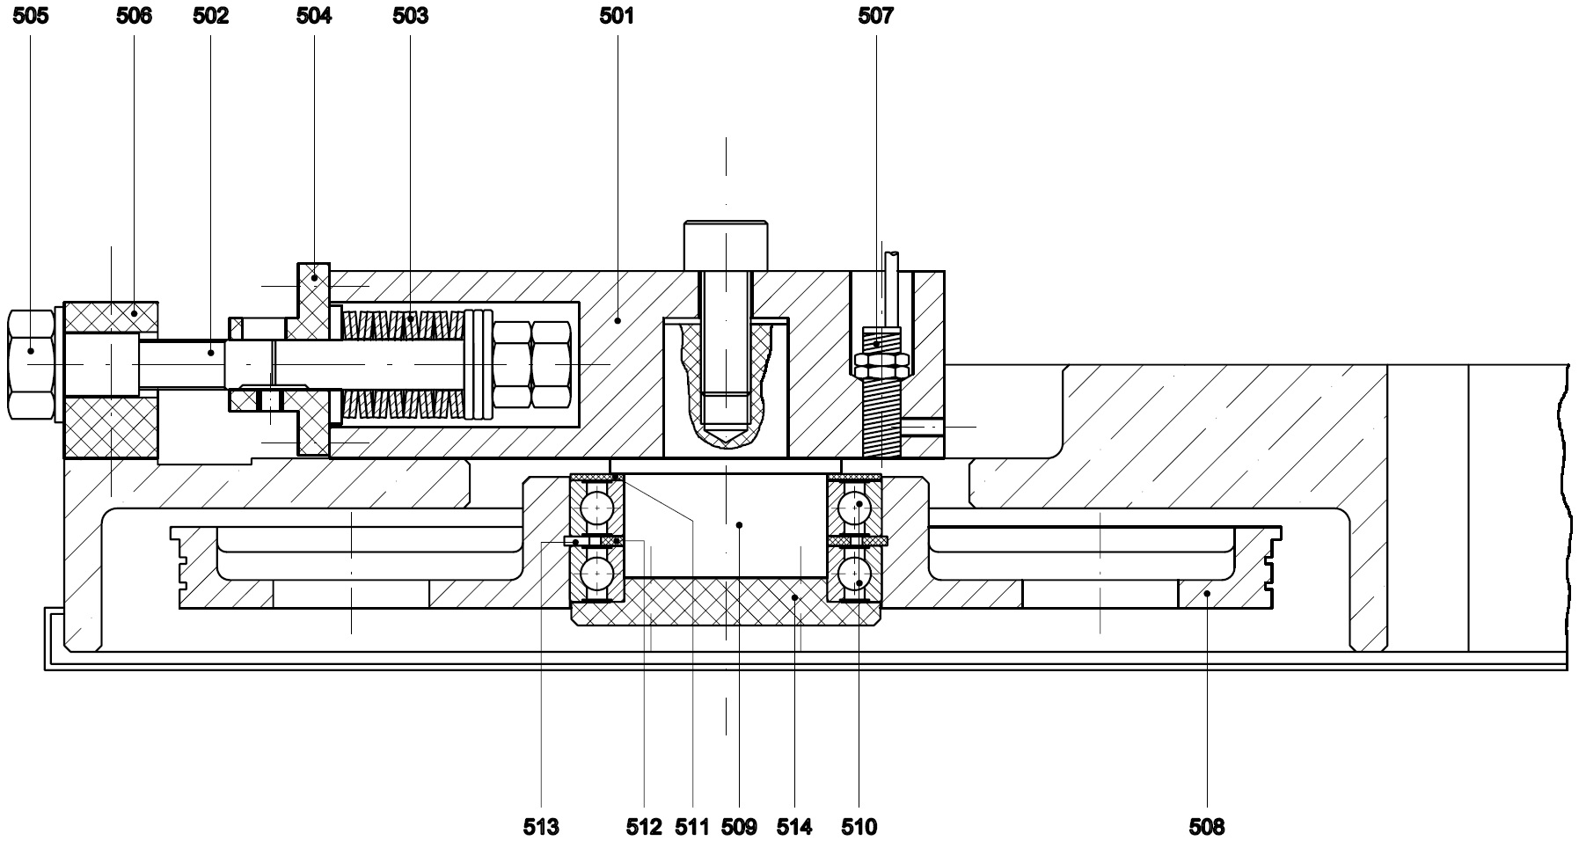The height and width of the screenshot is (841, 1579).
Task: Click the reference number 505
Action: pyautogui.click(x=31, y=16)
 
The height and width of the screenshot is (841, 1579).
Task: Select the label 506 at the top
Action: pyautogui.click(x=134, y=16)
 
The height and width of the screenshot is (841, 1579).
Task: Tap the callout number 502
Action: pyautogui.click(x=211, y=16)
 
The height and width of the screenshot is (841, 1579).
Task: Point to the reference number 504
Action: pyautogui.click(x=314, y=16)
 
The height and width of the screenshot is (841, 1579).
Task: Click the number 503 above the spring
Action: pyautogui.click(x=410, y=16)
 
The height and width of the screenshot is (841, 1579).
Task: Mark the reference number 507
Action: pyautogui.click(x=875, y=16)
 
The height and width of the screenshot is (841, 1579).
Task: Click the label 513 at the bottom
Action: pyautogui.click(x=541, y=826)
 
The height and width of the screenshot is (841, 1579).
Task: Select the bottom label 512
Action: pyautogui.click(x=644, y=826)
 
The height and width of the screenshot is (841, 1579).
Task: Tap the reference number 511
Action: pyautogui.click(x=692, y=826)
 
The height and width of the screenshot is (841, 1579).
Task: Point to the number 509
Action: pyautogui.click(x=739, y=826)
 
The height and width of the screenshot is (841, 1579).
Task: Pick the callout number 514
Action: pyautogui.click(x=794, y=826)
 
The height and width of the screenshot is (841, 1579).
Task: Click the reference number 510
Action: pyautogui.click(x=859, y=826)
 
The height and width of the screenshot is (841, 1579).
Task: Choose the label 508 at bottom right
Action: pyautogui.click(x=1206, y=826)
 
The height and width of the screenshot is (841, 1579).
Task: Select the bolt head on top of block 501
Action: pyautogui.click(x=726, y=245)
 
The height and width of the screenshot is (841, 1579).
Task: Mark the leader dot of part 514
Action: pyautogui.click(x=794, y=597)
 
